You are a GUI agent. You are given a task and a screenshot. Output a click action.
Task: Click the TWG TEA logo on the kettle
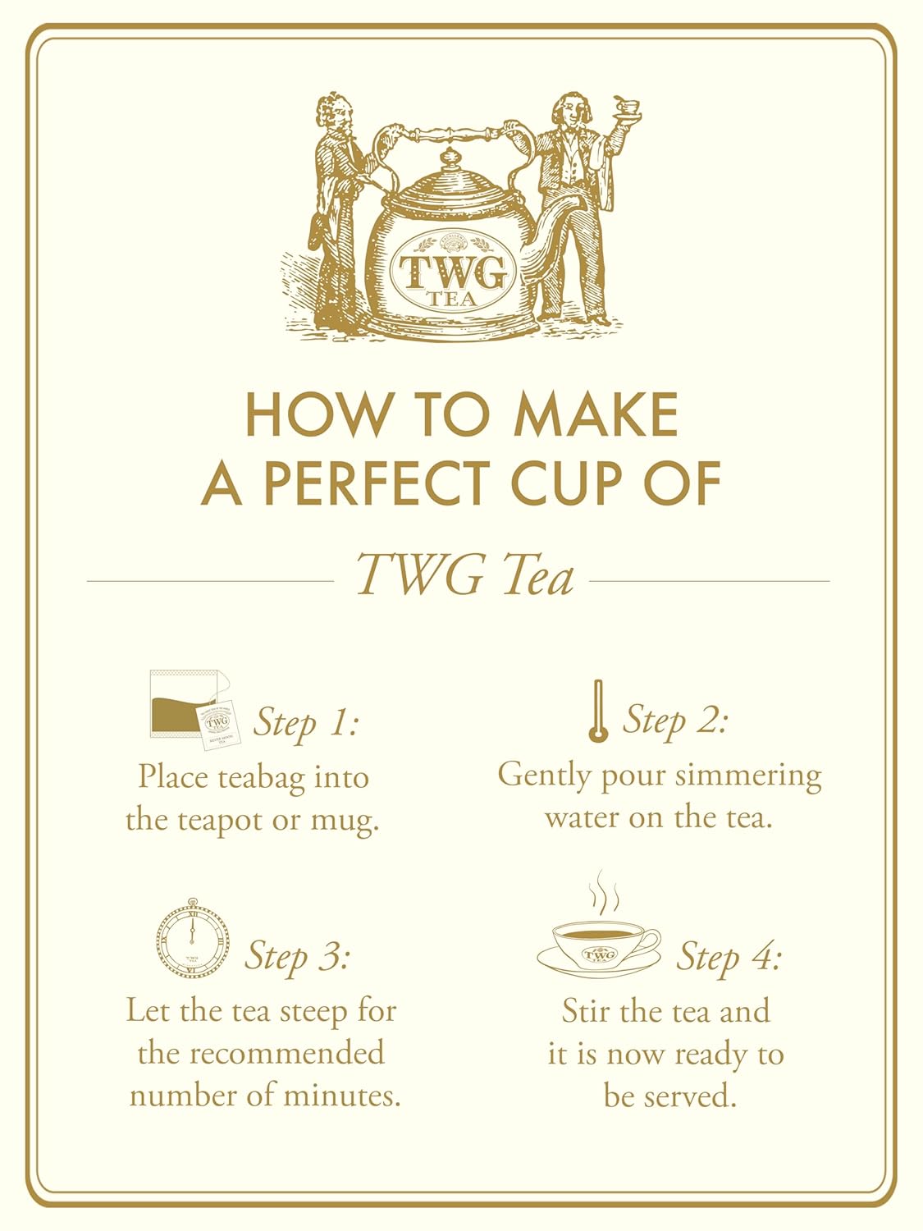[x=453, y=272]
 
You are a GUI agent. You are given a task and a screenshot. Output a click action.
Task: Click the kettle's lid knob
[x=450, y=158]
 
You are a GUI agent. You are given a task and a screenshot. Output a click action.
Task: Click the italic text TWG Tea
[x=464, y=575]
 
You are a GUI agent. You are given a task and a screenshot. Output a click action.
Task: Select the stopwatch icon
[x=193, y=938]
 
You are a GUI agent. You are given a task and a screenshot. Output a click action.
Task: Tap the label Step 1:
[x=306, y=722]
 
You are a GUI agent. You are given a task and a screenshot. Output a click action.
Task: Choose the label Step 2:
[x=675, y=720]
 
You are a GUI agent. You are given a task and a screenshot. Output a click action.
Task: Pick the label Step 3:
[x=298, y=956]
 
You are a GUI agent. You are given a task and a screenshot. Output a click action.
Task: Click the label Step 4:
[x=729, y=956]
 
